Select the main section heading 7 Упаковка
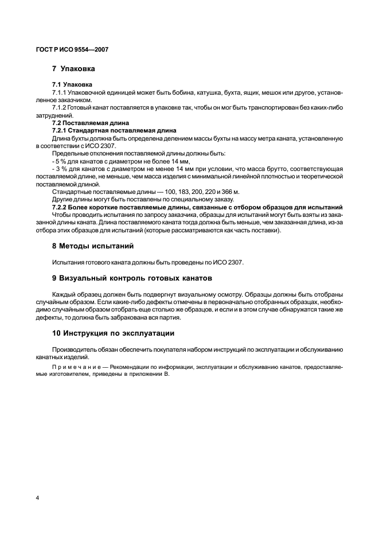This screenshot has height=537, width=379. coord(74,69)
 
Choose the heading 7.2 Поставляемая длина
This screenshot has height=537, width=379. coord(91,123)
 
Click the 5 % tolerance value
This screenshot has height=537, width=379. coord(60,162)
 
